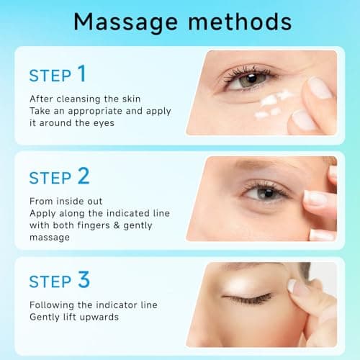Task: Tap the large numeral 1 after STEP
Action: point(81,73)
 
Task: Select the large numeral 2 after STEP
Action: point(83,176)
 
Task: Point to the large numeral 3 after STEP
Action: point(82,279)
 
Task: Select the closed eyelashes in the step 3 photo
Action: point(248,297)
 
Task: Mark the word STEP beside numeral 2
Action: point(50,177)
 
